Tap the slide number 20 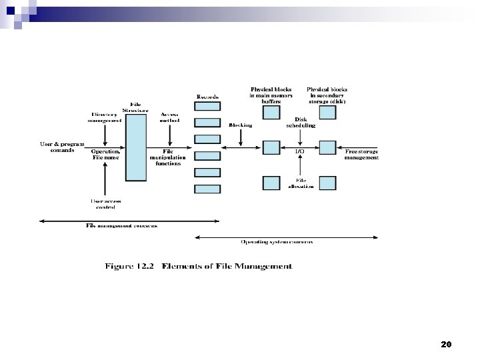446,345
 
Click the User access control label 105,203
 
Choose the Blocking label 240,125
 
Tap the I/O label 300,151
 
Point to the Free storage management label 361,155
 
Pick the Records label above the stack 207,97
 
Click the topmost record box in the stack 207,107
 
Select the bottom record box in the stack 207,189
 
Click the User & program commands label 62,147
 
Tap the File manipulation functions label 167,157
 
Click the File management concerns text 121,225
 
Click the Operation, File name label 105,155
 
